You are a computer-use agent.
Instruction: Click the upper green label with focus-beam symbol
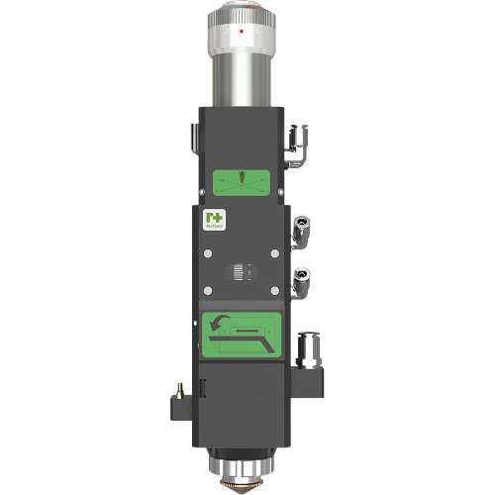[242, 181]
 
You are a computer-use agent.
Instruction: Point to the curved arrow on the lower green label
[219, 322]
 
